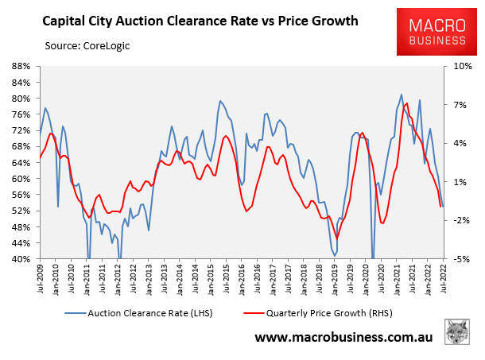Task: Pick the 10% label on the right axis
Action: click(462, 66)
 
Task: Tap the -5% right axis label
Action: click(463, 259)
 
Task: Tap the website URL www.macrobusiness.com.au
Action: click(344, 338)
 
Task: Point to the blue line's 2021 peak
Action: click(402, 95)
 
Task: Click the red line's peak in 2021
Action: click(407, 103)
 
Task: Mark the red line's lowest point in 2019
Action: click(337, 238)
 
